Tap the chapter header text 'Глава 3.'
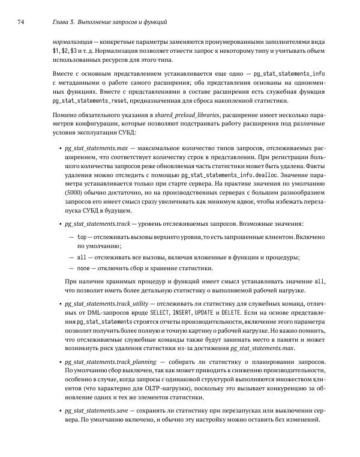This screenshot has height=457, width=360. coord(67,22)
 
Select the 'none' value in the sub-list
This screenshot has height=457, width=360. coord(84,268)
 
